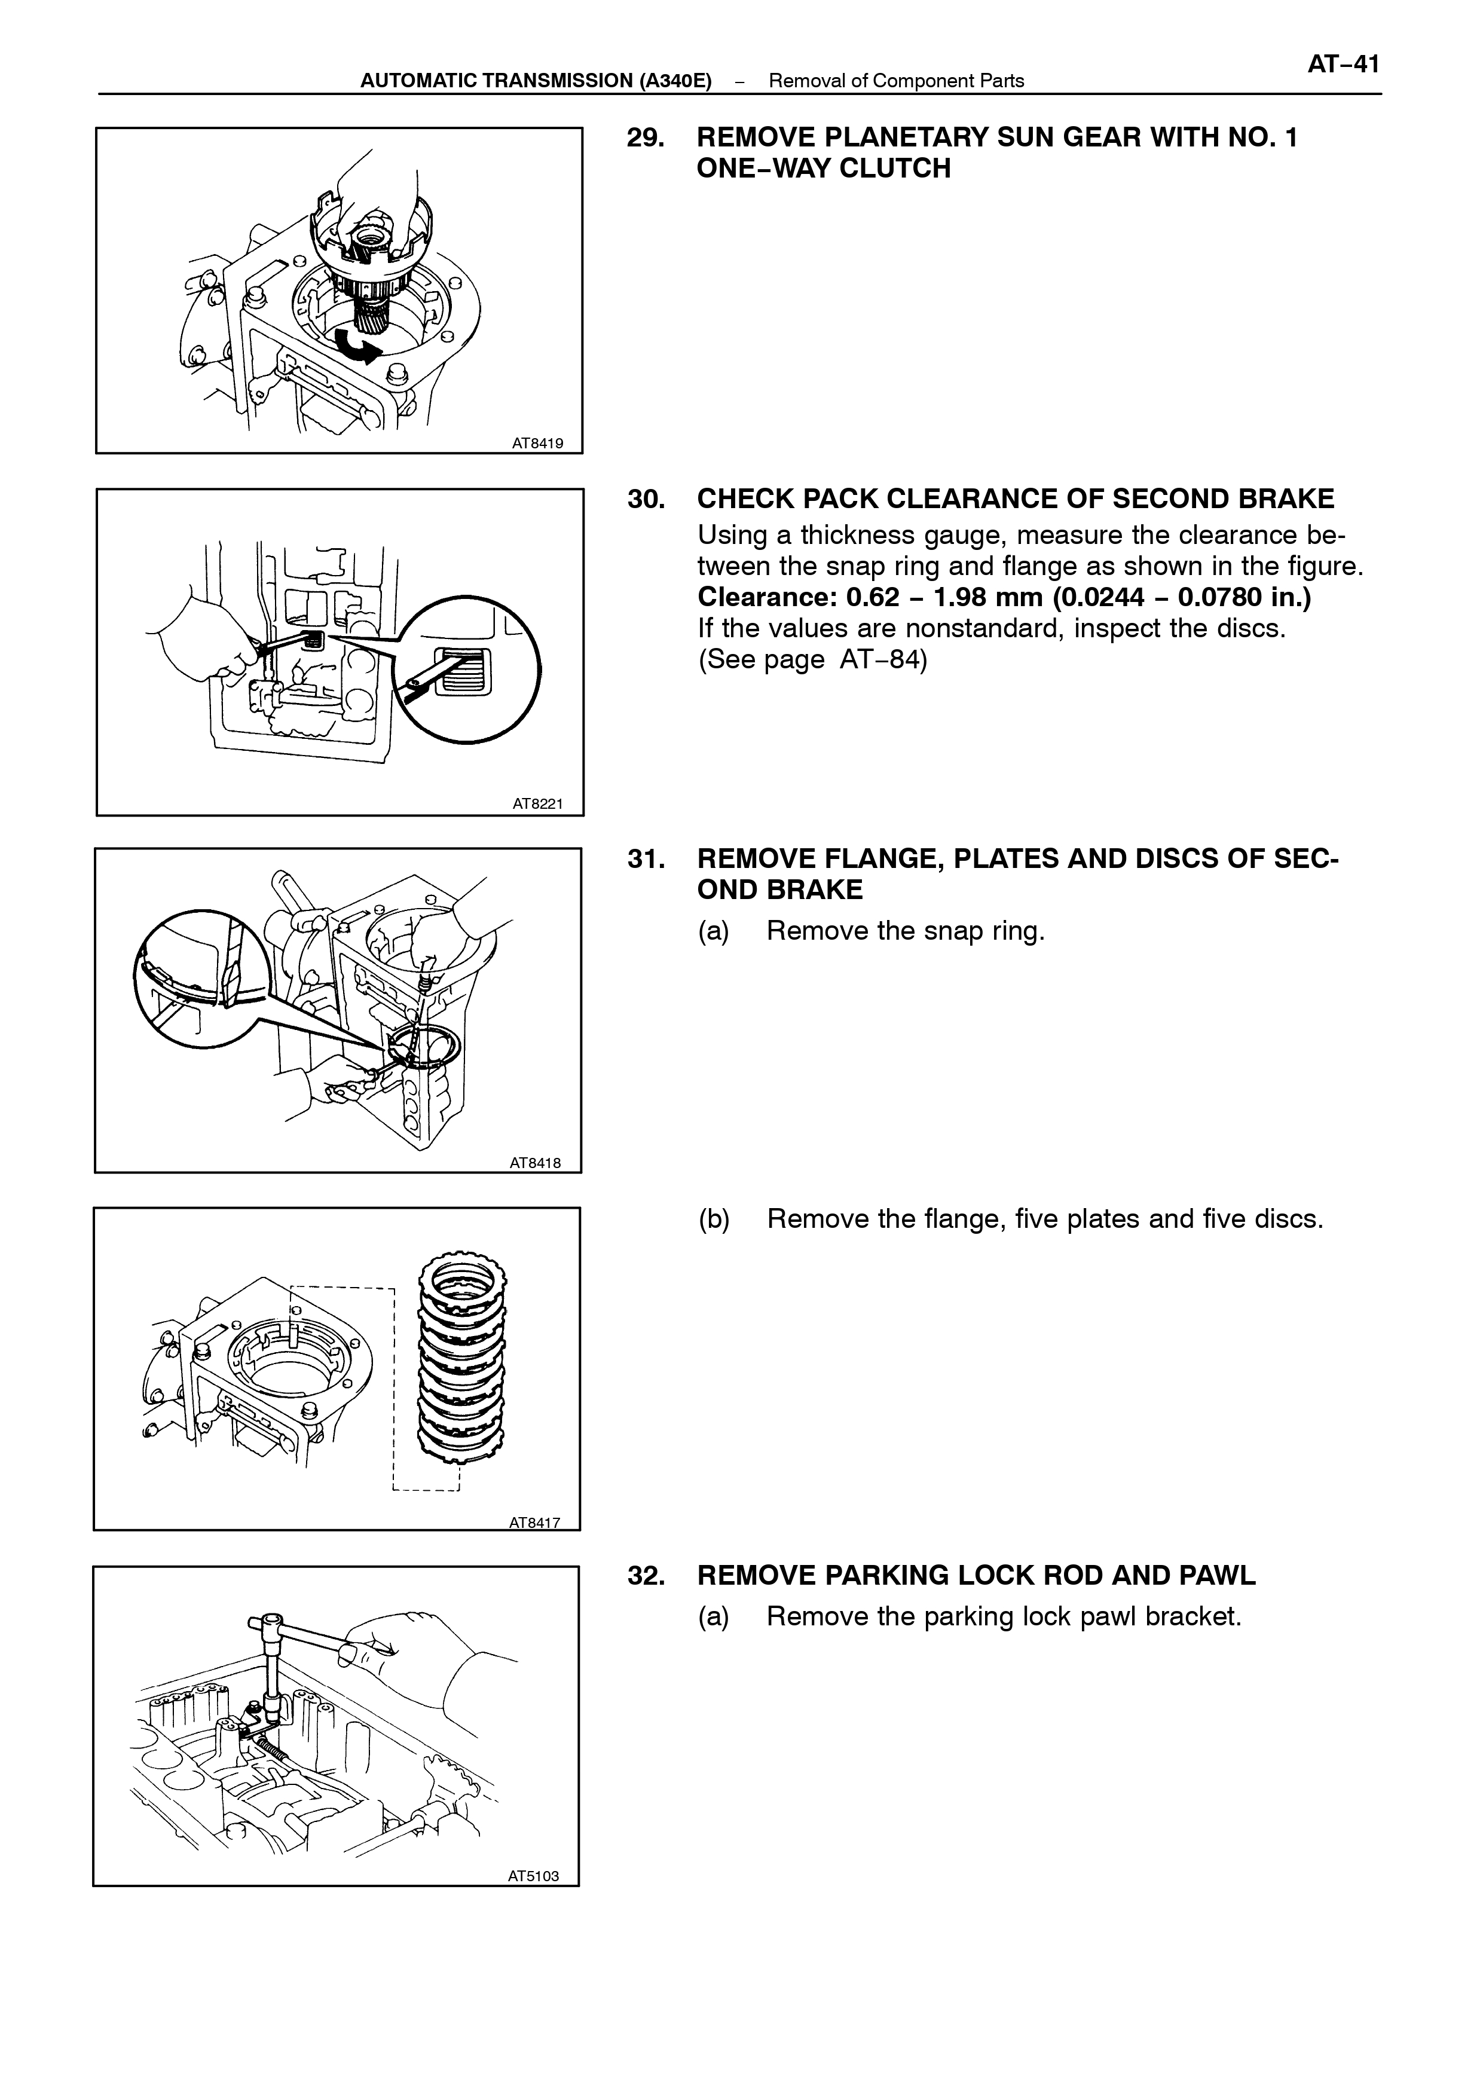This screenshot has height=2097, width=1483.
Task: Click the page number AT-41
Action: [x=1343, y=64]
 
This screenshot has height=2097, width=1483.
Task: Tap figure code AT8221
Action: [x=538, y=804]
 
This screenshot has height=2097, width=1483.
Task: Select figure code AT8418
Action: [x=535, y=1163]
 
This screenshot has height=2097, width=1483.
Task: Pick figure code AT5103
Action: [x=533, y=1876]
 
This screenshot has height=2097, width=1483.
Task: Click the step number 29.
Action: [x=646, y=138]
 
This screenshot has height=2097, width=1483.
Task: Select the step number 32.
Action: [x=646, y=1576]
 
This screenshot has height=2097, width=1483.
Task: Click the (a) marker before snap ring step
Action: [x=713, y=931]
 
